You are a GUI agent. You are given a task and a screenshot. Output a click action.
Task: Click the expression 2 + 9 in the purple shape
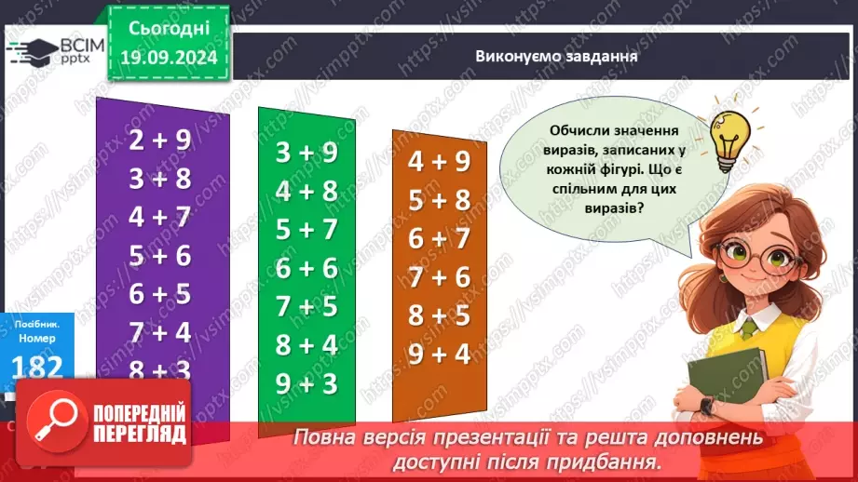pyautogui.click(x=159, y=141)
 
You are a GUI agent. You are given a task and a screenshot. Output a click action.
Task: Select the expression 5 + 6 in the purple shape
pyautogui.click(x=159, y=255)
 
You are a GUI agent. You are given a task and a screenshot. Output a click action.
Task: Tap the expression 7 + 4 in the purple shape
pyautogui.click(x=159, y=332)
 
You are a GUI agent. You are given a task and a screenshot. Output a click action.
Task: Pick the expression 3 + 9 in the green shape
pyautogui.click(x=306, y=153)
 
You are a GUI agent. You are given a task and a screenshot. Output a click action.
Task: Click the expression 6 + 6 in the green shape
pyautogui.click(x=306, y=268)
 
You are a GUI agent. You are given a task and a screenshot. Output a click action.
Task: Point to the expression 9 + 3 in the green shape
pyautogui.click(x=306, y=382)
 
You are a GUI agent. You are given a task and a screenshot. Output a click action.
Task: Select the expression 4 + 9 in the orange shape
pyautogui.click(x=439, y=161)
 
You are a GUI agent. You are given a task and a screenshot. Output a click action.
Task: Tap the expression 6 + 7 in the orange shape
pyautogui.click(x=439, y=238)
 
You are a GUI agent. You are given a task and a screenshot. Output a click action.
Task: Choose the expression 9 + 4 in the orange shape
pyautogui.click(x=439, y=354)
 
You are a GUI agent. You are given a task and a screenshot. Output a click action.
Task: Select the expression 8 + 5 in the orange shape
pyautogui.click(x=439, y=315)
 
